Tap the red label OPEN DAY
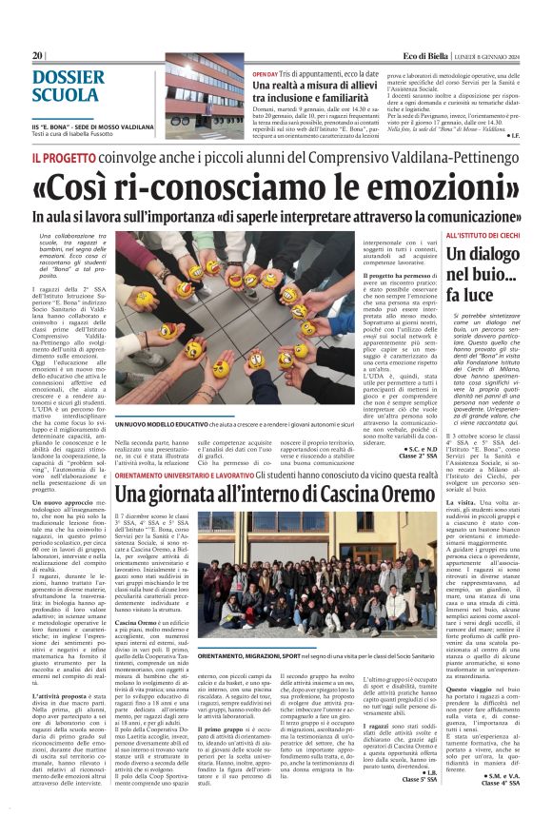(266, 73)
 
